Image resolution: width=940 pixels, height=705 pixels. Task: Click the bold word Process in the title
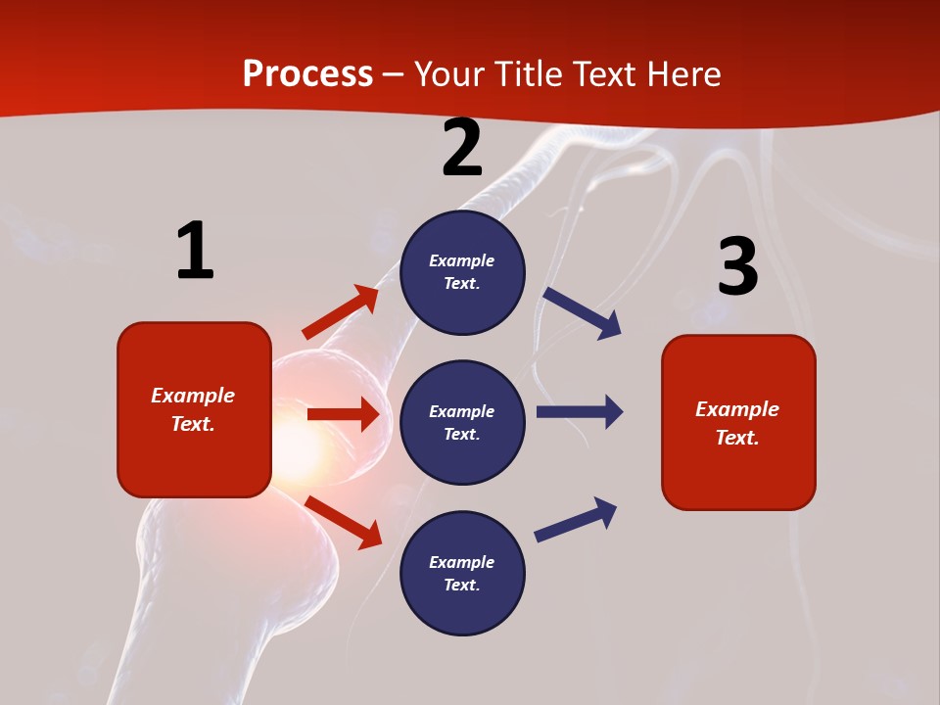coord(307,74)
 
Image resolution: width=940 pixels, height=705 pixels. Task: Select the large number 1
coord(195,252)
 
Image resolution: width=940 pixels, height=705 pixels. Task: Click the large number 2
coord(462,149)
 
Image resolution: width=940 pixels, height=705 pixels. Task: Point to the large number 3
coord(737,267)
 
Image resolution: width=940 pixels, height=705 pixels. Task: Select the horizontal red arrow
coord(343,414)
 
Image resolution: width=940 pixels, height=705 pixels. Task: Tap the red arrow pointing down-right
coord(343,522)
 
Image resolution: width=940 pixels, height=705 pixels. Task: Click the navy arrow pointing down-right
coord(583,313)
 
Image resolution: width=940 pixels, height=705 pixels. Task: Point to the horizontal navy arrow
coord(580,412)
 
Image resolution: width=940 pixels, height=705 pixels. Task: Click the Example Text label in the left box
coord(193,409)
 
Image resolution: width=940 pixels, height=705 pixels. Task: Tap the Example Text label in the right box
coord(737,423)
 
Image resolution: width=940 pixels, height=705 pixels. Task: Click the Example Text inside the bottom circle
coord(462,573)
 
